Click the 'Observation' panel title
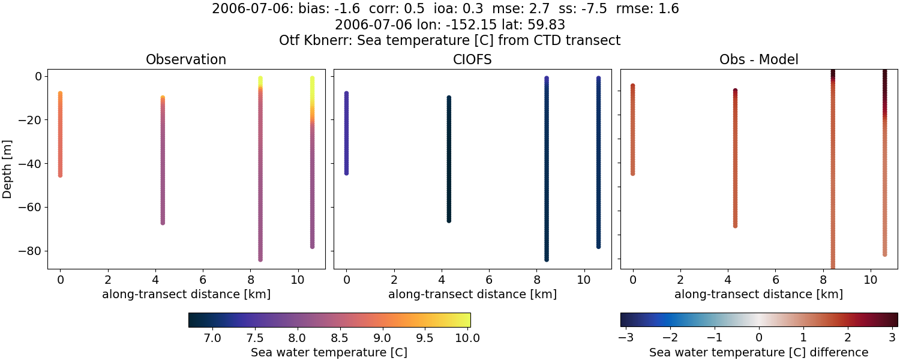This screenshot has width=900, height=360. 186,60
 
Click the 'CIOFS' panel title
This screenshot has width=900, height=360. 472,60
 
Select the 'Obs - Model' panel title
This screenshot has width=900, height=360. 758,60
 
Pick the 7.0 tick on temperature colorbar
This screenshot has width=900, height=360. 212,338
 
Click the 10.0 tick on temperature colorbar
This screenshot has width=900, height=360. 467,338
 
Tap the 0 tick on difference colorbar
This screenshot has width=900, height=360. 759,338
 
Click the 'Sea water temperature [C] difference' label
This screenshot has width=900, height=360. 758,353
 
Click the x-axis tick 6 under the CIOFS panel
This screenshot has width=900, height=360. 489,280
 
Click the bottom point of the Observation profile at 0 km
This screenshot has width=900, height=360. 60,175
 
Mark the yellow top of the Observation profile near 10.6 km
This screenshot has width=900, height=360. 312,79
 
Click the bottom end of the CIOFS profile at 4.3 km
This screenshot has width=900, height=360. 449,220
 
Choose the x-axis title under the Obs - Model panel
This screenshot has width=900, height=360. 758,295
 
